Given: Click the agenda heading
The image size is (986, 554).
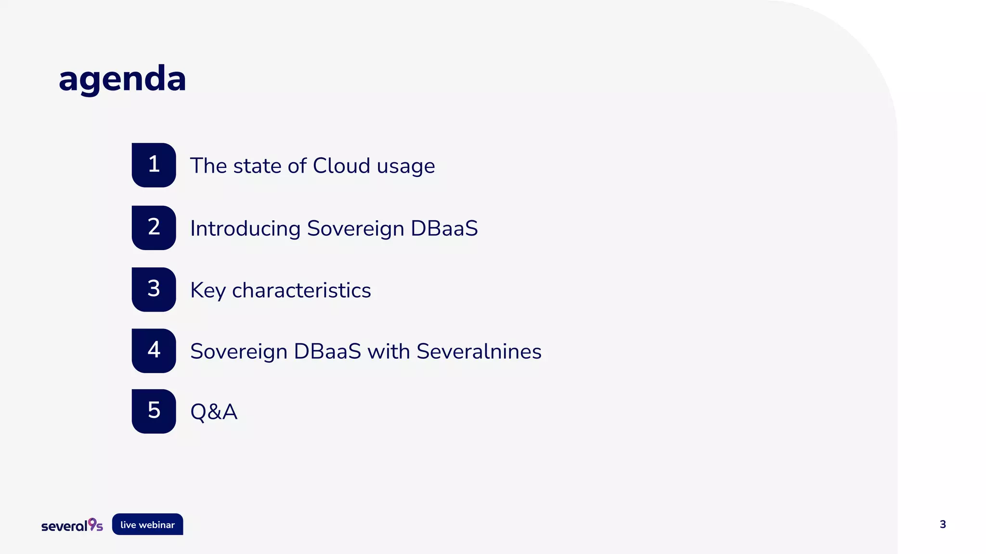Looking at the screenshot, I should click(x=122, y=79).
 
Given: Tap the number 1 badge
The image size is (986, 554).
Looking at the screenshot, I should click(x=154, y=165).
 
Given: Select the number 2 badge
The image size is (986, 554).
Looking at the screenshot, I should click(x=154, y=227).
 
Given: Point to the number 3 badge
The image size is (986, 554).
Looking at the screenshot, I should click(x=154, y=289).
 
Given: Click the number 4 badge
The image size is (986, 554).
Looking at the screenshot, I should click(x=154, y=351).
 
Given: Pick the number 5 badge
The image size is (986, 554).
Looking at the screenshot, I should click(x=154, y=411).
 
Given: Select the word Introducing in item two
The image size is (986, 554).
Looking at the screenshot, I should click(x=245, y=228).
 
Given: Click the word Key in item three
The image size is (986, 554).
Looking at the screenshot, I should click(x=208, y=290).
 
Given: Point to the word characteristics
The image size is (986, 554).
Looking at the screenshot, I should click(x=301, y=290).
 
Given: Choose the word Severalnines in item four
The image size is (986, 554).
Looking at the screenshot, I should click(x=479, y=352).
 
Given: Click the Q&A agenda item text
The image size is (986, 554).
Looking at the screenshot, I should click(x=214, y=412).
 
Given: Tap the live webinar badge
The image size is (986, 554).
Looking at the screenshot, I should click(x=147, y=525).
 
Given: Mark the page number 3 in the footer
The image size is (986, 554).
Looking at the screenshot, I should click(x=943, y=525).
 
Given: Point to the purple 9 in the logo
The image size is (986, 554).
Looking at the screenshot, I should click(x=92, y=523).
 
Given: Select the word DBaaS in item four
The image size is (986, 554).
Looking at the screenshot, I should click(x=327, y=352).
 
